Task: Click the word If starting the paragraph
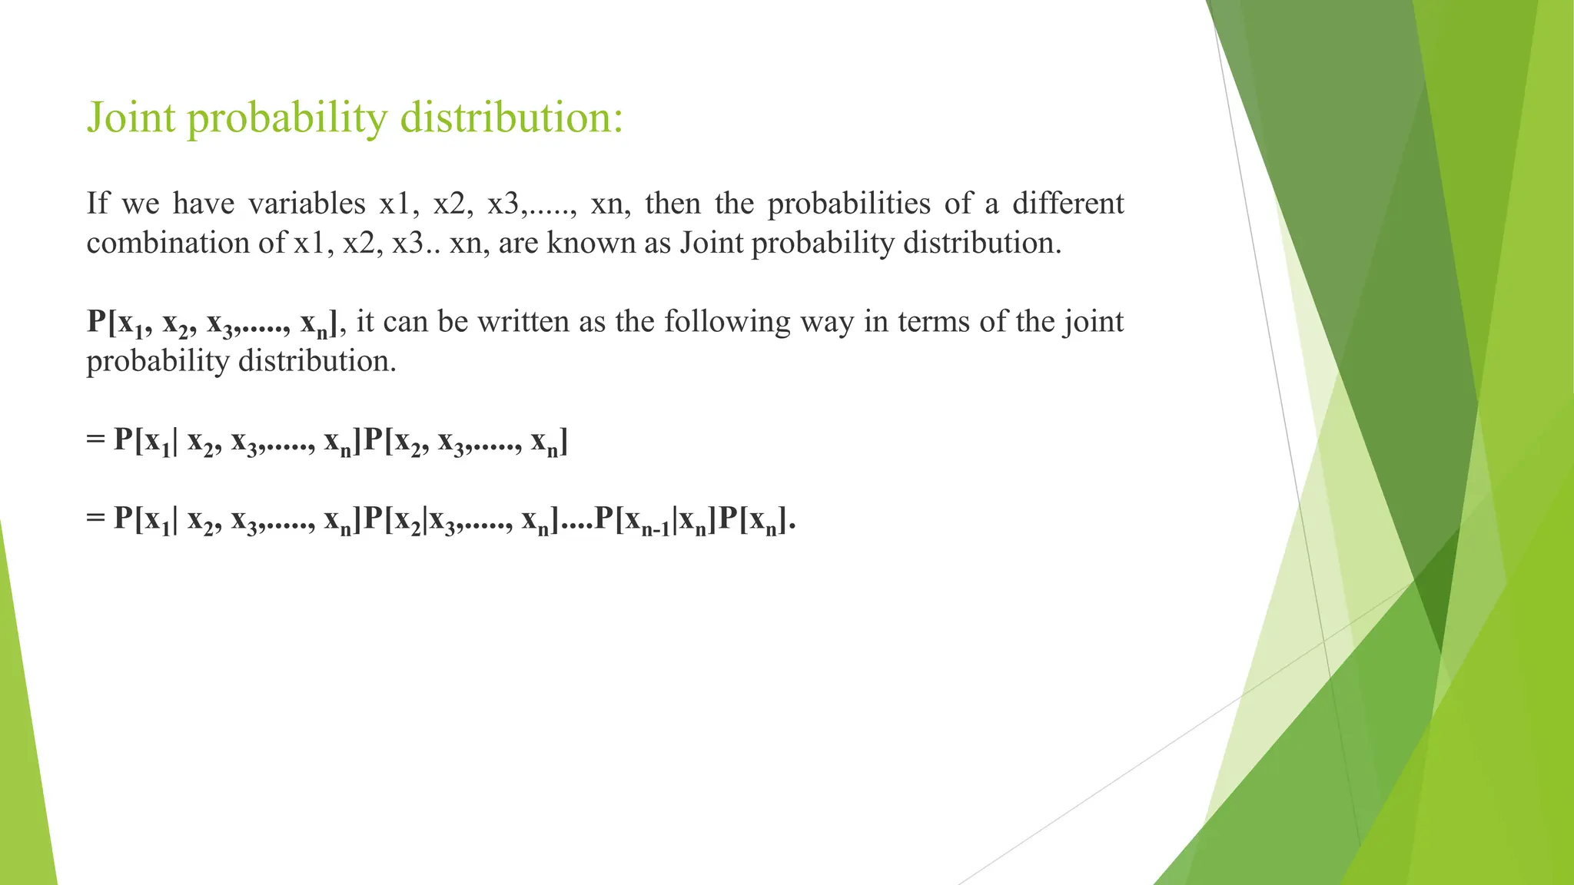(x=97, y=204)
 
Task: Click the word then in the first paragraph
(x=672, y=204)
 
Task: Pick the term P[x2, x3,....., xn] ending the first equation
(x=466, y=442)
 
